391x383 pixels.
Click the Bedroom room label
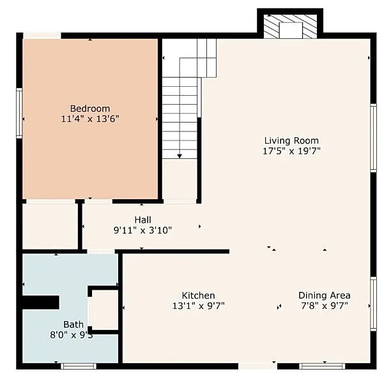tap(90, 109)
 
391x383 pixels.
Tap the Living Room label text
tap(291, 140)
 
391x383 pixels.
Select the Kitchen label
tap(199, 296)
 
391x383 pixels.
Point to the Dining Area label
tap(325, 296)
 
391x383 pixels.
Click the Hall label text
tap(143, 220)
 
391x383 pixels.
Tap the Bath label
tap(73, 324)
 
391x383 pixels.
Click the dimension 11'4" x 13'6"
tap(90, 119)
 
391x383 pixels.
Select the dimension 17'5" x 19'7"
tap(291, 151)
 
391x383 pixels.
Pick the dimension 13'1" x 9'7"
tap(199, 306)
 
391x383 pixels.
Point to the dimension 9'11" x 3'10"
tap(143, 230)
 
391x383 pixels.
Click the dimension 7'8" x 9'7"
tap(325, 306)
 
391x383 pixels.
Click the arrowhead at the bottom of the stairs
tap(180, 156)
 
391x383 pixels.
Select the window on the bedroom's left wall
tap(19, 113)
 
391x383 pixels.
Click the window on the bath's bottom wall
tap(79, 366)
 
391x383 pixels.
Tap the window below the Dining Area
tap(322, 366)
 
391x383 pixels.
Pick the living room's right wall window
tap(373, 138)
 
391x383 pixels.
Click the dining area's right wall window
tap(373, 304)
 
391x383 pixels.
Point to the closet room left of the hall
tap(50, 226)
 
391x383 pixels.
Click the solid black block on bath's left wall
tap(41, 303)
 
